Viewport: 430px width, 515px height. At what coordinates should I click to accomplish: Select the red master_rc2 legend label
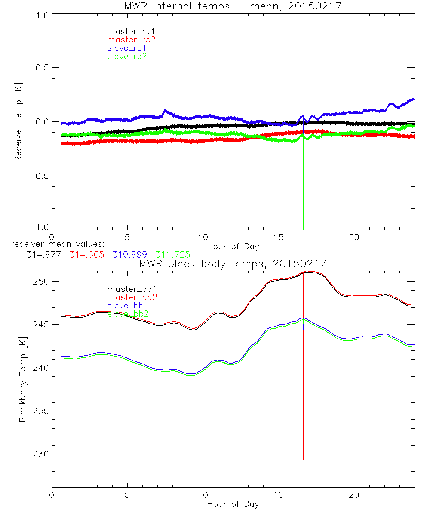131,40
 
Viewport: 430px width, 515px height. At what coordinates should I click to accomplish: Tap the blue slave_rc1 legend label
127,48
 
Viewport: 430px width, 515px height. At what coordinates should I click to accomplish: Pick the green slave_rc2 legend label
127,56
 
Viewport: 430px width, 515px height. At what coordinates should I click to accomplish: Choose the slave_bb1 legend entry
127,305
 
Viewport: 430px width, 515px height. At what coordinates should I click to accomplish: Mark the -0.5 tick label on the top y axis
38,176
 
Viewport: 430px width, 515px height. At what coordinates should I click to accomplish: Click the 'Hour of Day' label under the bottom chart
233,504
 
